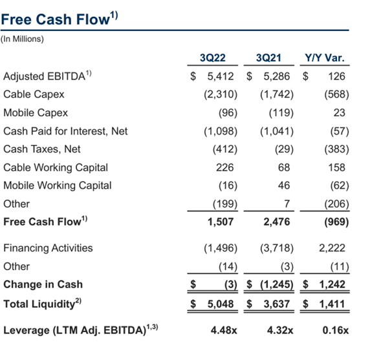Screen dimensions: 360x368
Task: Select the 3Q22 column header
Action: pos(213,58)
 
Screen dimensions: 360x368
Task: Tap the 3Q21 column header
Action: pos(269,58)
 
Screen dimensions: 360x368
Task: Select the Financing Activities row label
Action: pos(48,248)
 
